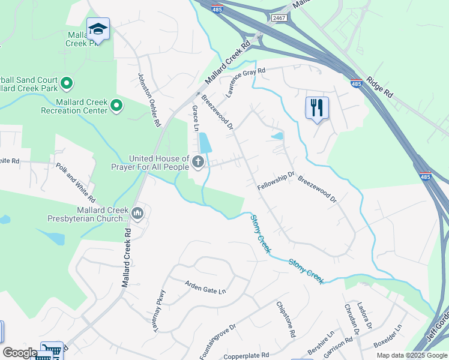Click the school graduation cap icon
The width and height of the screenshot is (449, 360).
(98, 29)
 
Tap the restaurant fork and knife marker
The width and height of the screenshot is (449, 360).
(316, 108)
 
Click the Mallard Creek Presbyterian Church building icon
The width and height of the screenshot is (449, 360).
(138, 213)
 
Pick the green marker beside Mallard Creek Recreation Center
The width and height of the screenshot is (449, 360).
(116, 106)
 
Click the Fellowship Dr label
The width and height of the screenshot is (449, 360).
(277, 182)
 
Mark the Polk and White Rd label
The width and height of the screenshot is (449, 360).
(76, 182)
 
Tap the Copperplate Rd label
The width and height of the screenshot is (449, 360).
(246, 356)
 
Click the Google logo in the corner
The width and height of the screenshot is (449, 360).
(20, 353)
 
